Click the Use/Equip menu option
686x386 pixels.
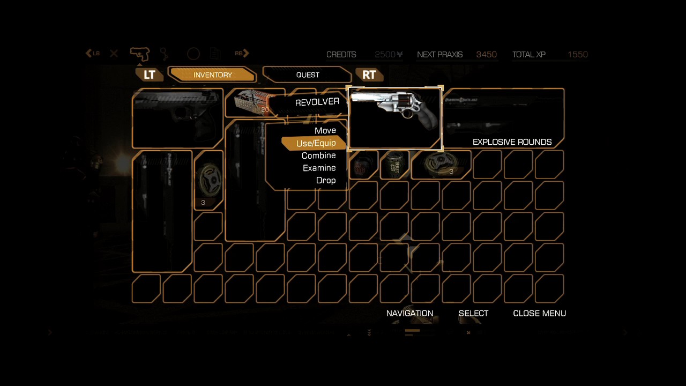click(x=316, y=143)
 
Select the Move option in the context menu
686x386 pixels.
click(x=325, y=131)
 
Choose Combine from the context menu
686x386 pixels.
click(x=319, y=155)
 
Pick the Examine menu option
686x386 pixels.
click(x=319, y=168)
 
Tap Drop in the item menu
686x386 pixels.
click(x=326, y=180)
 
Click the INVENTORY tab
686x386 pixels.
click(x=212, y=75)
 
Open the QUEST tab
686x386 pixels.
click(x=308, y=75)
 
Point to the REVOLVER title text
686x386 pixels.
click(x=317, y=102)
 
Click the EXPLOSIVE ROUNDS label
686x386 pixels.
click(x=512, y=142)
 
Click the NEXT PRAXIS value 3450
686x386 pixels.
click(x=486, y=55)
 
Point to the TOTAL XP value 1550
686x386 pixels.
click(x=577, y=55)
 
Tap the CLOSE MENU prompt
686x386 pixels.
click(x=539, y=313)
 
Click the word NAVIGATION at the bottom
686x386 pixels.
click(x=409, y=313)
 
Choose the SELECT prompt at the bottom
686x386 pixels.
click(x=473, y=313)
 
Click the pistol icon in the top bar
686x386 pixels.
click(x=140, y=54)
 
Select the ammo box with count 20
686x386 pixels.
click(x=251, y=102)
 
